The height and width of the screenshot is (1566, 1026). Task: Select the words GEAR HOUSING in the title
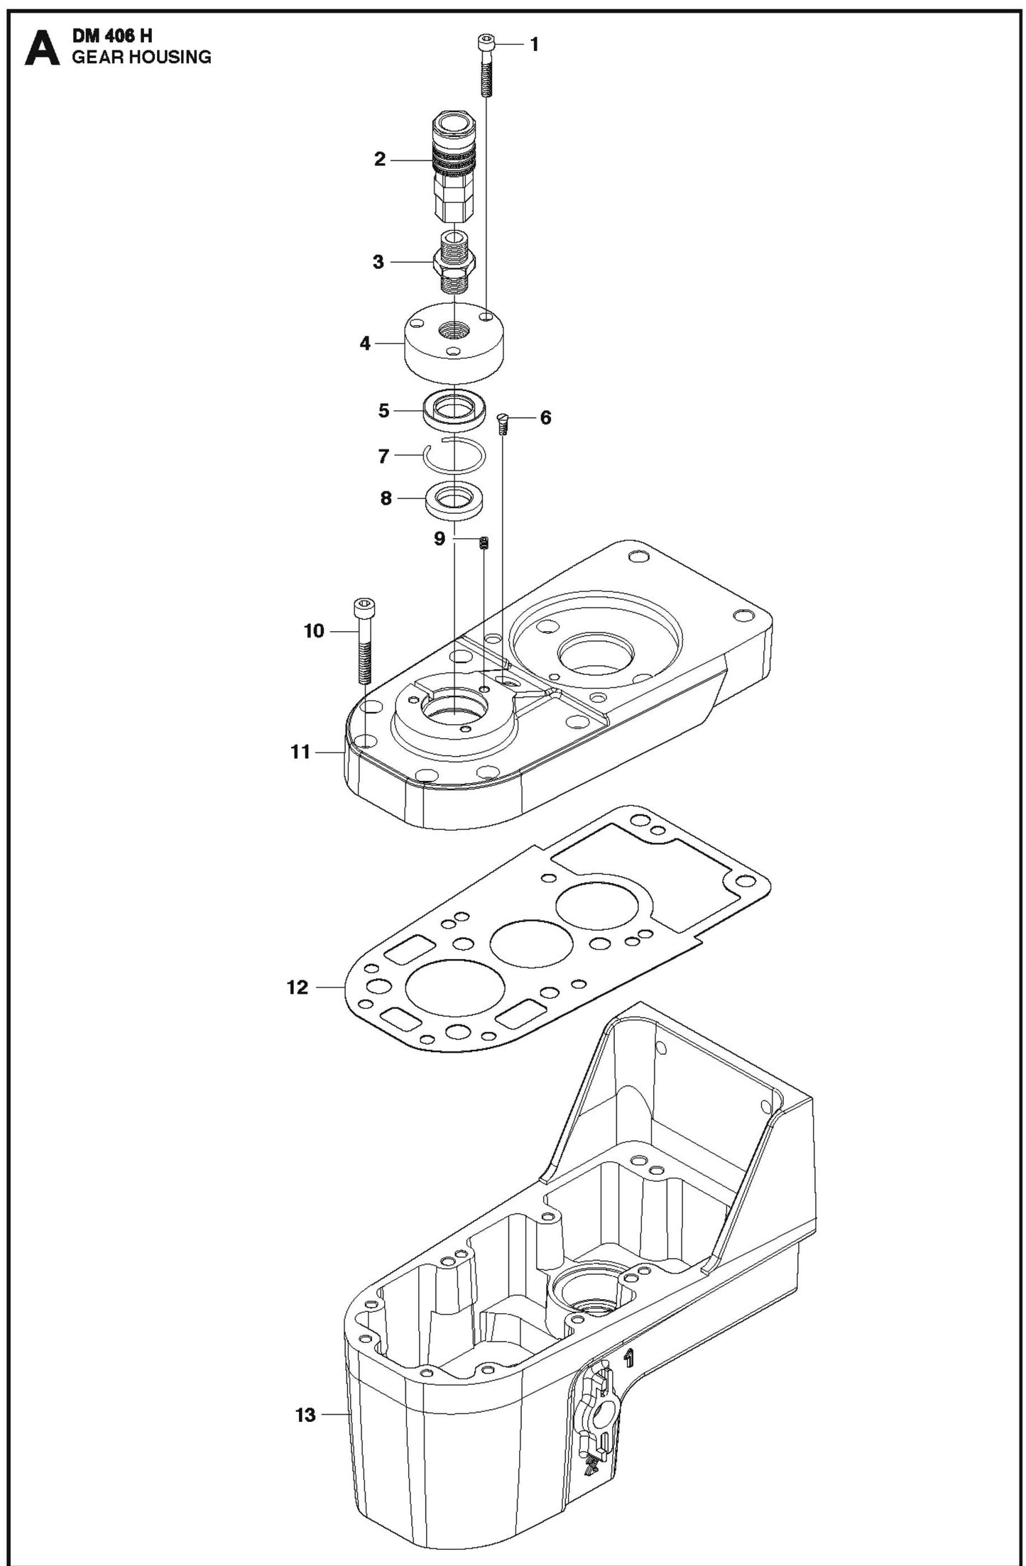tap(141, 58)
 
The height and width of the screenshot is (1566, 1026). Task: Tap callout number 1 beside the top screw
tap(535, 45)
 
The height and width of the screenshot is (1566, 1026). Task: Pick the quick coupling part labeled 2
tap(450, 167)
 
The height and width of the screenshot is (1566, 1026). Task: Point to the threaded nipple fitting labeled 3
tap(452, 263)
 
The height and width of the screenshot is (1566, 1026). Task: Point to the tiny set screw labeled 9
tap(485, 544)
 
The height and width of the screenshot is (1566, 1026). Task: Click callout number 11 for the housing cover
tap(300, 752)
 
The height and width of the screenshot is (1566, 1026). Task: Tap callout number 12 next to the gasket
tap(298, 987)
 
